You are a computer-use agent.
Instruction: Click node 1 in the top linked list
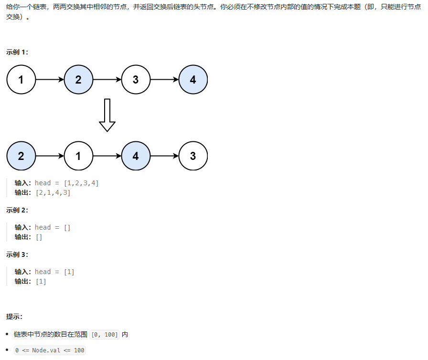[21, 80]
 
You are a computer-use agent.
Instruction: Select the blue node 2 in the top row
[78, 80]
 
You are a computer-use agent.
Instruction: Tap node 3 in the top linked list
[136, 80]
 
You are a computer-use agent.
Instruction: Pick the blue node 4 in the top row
[193, 80]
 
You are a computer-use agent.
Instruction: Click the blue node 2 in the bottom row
[21, 156]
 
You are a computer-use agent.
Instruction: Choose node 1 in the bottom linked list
[78, 156]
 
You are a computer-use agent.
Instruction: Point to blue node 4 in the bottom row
[136, 156]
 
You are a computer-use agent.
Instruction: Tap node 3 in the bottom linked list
[193, 156]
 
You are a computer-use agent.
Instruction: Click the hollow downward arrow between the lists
[107, 115]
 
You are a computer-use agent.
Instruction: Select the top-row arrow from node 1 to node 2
[50, 80]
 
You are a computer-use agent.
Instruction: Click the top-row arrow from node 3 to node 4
[164, 80]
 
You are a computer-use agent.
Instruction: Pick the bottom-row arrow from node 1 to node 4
[107, 156]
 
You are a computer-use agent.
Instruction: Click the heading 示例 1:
[17, 52]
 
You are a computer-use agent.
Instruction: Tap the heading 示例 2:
[17, 210]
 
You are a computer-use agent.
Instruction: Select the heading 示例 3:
[17, 254]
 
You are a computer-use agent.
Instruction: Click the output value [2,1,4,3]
[53, 192]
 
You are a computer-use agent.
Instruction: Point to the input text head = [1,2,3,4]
[67, 183]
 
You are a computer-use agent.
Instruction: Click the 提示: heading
[14, 317]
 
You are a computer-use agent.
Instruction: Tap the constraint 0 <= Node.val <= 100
[50, 350]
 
